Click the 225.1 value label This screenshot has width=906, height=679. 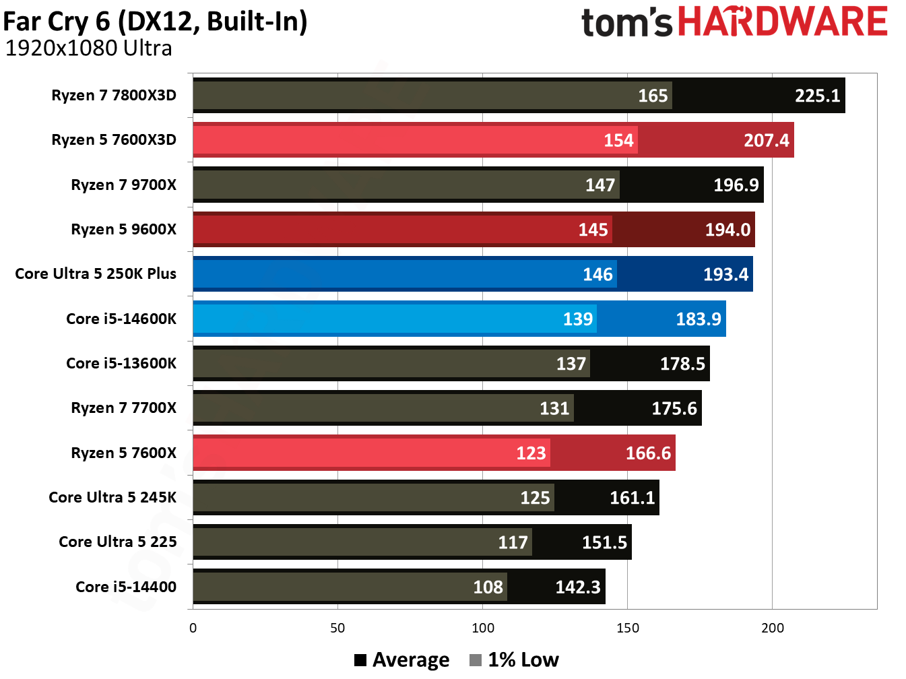tap(817, 96)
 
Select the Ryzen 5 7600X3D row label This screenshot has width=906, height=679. tap(114, 140)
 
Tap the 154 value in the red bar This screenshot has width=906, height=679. tap(618, 140)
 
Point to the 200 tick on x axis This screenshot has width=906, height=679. tap(772, 628)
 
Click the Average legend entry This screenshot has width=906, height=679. tap(402, 659)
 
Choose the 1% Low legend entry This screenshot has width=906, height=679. tap(515, 659)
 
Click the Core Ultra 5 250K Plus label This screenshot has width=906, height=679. tap(96, 274)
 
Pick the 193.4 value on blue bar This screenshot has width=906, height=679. tap(725, 274)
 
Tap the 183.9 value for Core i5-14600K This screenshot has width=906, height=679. tap(699, 319)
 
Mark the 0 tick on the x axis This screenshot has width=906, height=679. tap(193, 628)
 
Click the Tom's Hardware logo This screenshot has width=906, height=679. tap(734, 22)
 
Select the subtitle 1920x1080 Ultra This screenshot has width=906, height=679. tap(88, 48)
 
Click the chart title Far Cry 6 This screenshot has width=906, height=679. tap(155, 22)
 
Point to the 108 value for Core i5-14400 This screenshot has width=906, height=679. tap(488, 587)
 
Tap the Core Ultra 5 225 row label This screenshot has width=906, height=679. tap(118, 542)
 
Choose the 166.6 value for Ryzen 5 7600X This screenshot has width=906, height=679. tap(648, 453)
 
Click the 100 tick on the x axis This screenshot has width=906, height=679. tap(483, 628)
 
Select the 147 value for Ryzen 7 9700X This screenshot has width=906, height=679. tap(600, 185)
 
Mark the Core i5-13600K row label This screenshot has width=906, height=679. tap(121, 364)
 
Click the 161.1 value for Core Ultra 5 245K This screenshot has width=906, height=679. tap(632, 498)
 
